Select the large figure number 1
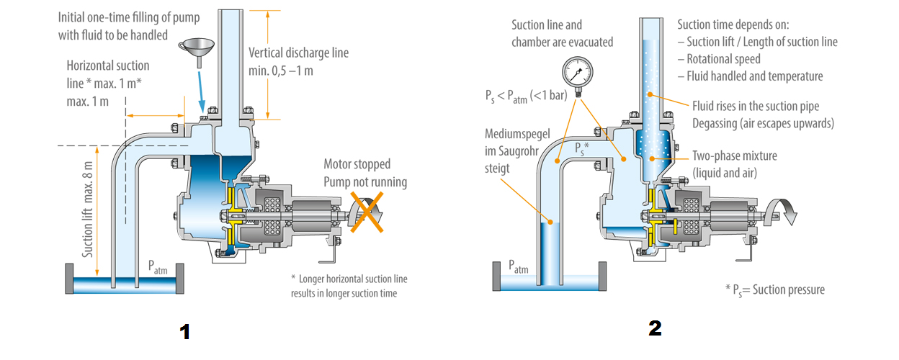(x=184, y=332)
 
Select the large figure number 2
(x=655, y=328)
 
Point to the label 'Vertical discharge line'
(x=298, y=53)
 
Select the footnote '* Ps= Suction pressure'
(x=774, y=289)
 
